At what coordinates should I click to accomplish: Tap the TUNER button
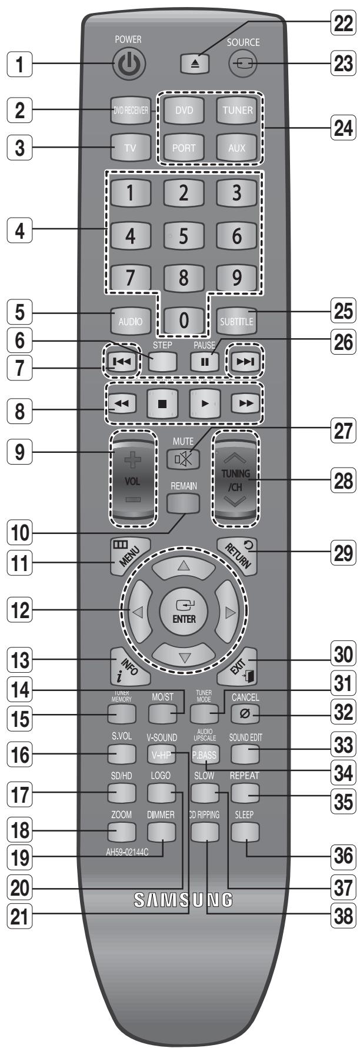tap(237, 109)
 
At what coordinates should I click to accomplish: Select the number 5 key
tap(184, 236)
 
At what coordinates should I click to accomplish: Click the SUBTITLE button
tap(236, 321)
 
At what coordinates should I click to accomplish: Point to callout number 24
tap(341, 129)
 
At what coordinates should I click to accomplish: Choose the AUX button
tap(237, 147)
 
